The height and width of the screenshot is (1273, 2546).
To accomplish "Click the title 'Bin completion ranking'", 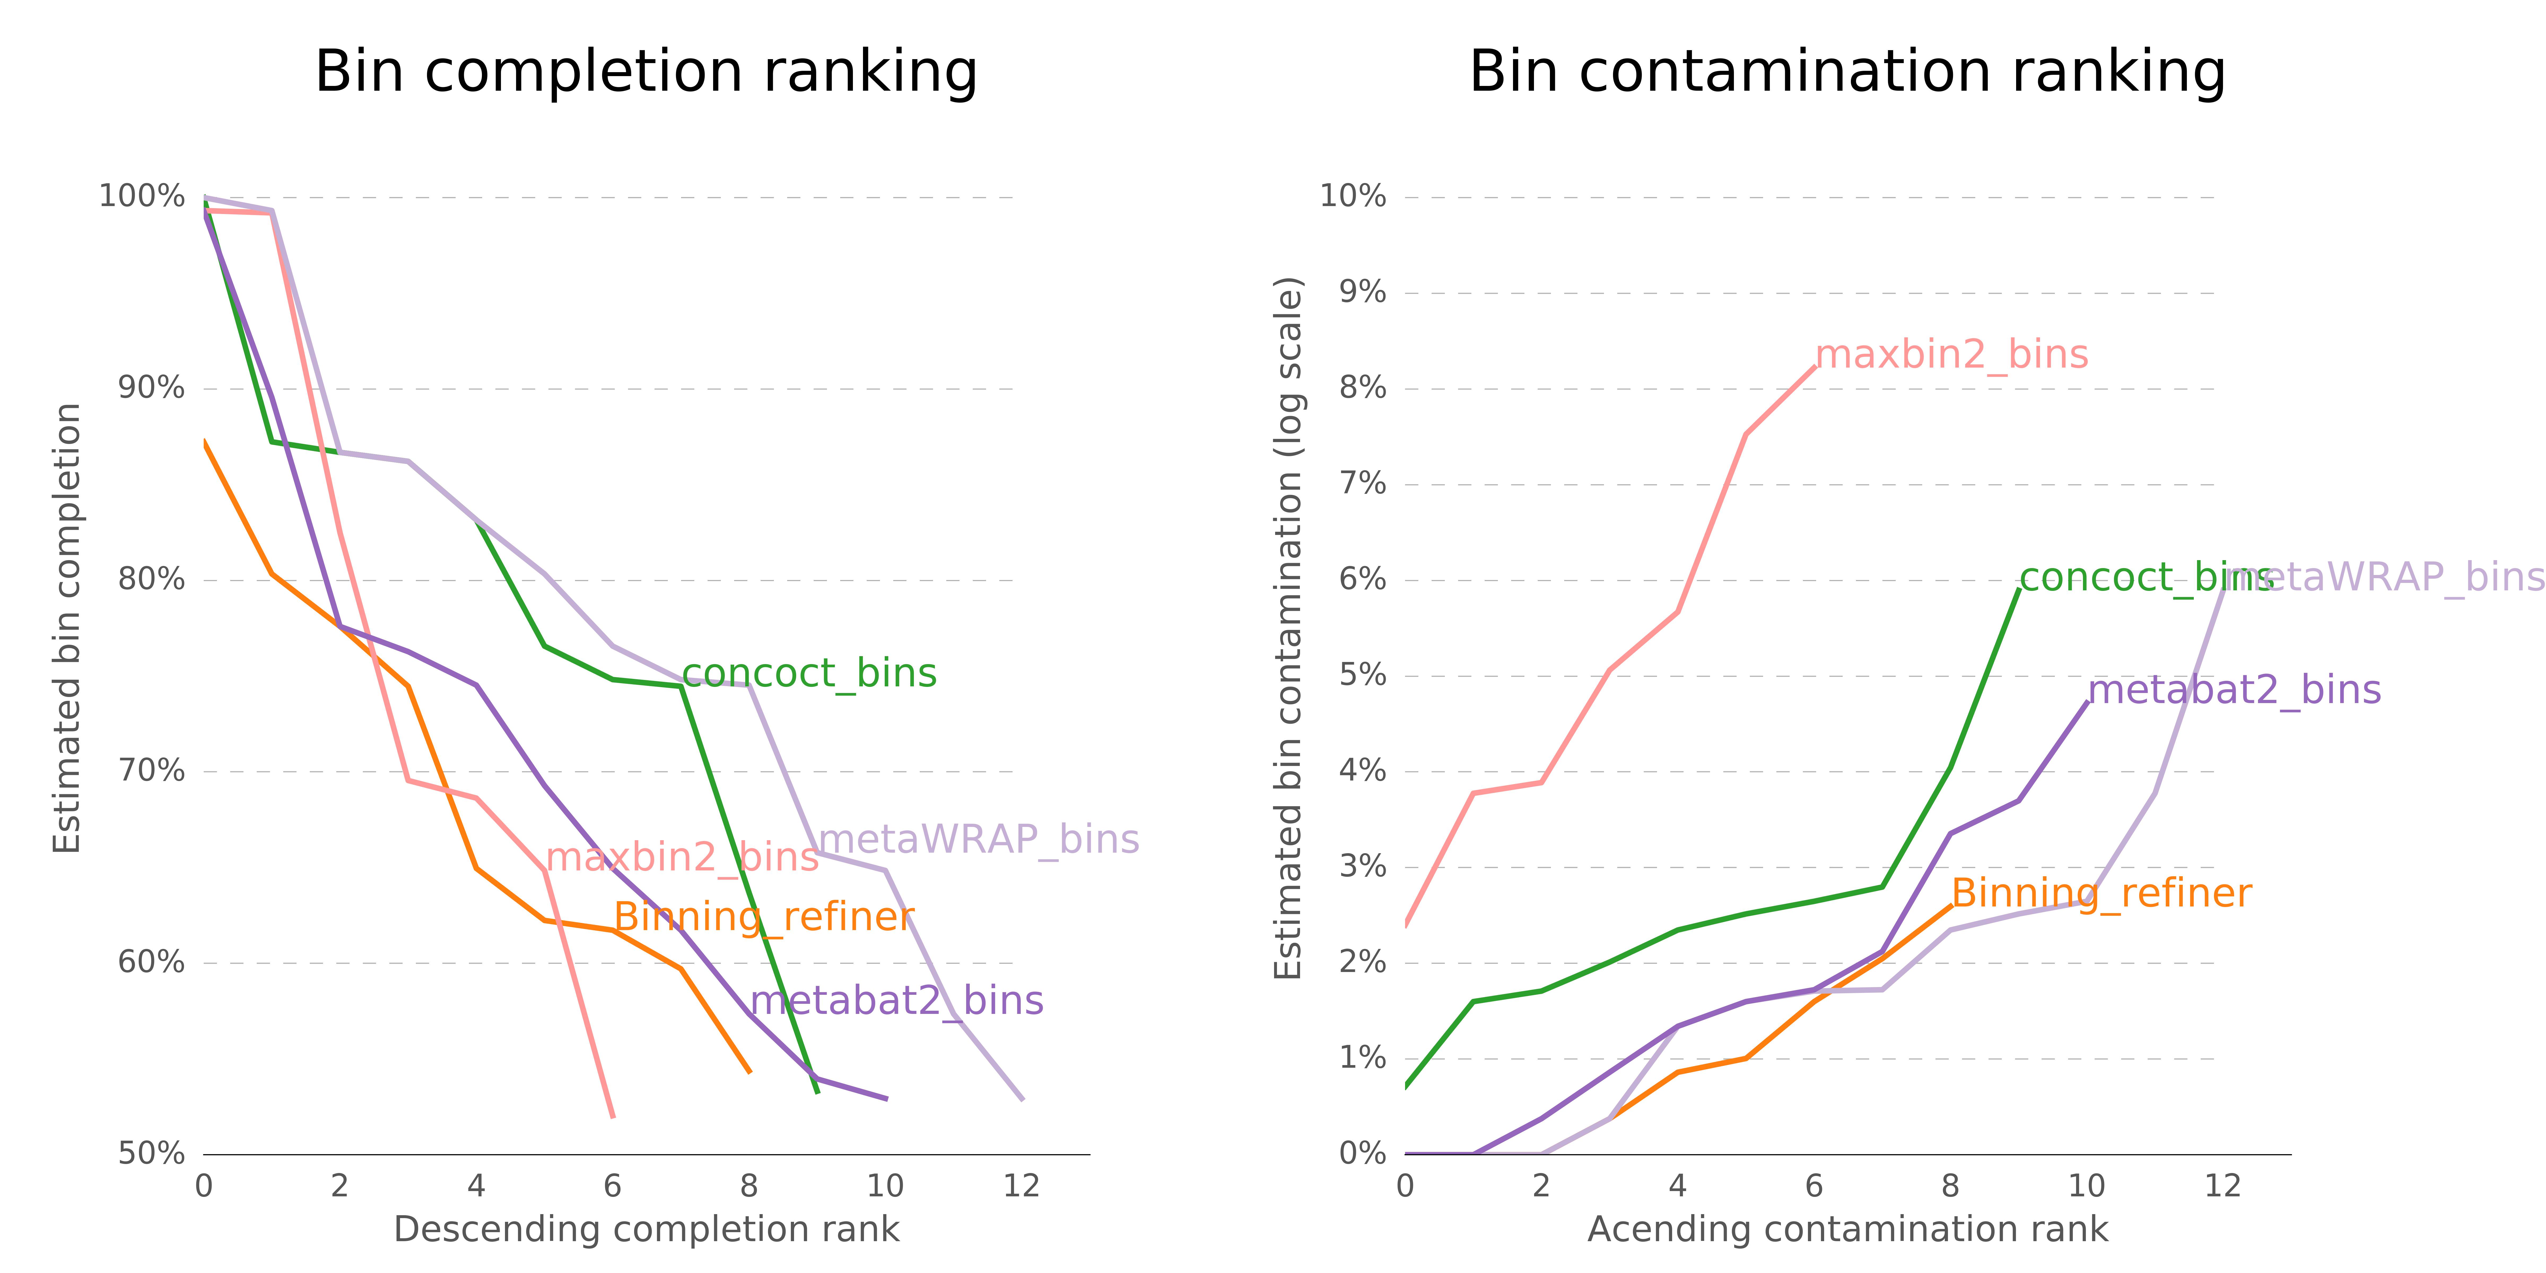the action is pos(646,72).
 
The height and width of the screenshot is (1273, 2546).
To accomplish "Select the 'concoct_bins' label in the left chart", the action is pos(808,674).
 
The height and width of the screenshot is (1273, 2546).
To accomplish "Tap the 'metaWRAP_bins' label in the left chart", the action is pos(978,840).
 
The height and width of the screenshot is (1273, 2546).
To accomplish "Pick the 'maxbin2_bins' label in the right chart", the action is pos(1952,355).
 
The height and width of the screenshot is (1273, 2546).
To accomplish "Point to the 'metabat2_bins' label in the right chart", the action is pos(2234,690).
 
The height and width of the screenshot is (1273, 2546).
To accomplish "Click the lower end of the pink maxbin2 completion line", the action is pos(614,1117).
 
